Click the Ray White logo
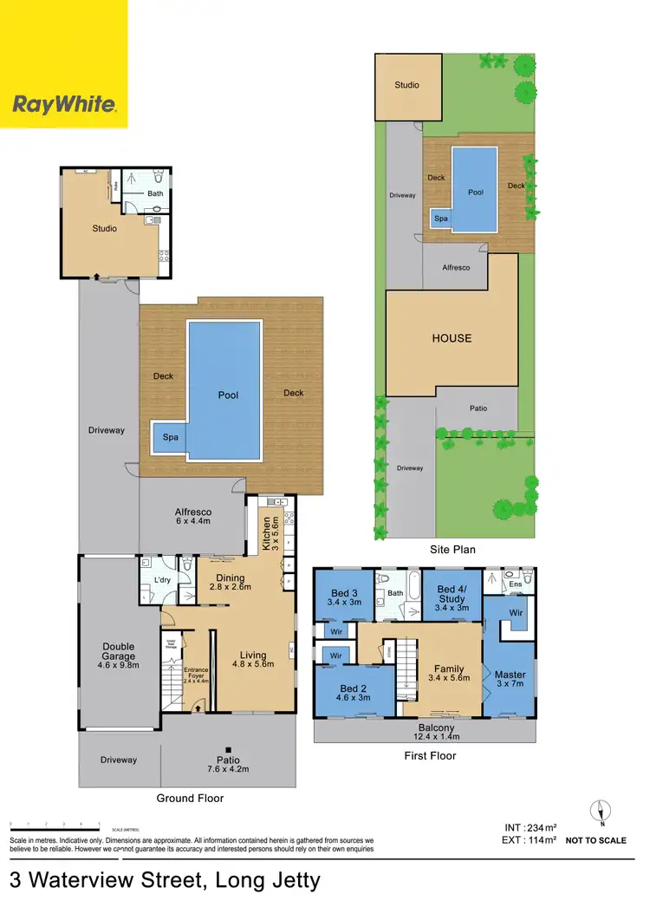pos(63,105)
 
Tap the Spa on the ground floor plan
pos(171,437)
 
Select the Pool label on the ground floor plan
pos(228,395)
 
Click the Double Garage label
pos(118,651)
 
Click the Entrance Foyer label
pos(198,675)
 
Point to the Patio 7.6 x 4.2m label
pos(228,765)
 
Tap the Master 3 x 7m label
pos(510,680)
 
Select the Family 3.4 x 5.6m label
pos(448,673)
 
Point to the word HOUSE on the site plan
pos(452,338)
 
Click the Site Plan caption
pos(452,550)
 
